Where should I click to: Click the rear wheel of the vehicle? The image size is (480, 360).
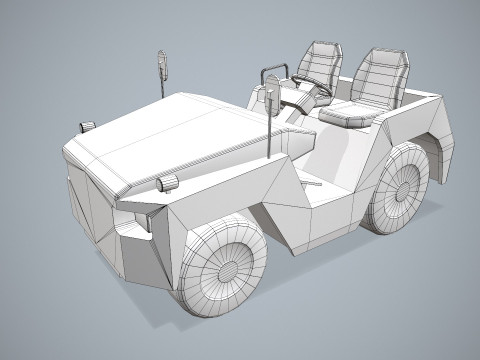[400, 187]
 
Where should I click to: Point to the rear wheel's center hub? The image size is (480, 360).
[406, 188]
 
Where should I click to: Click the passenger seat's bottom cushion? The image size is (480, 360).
[350, 114]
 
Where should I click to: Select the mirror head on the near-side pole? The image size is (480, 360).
[271, 99]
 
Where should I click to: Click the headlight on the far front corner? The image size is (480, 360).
[88, 126]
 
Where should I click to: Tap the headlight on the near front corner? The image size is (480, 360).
[167, 183]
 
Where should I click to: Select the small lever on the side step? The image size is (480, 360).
[313, 184]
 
